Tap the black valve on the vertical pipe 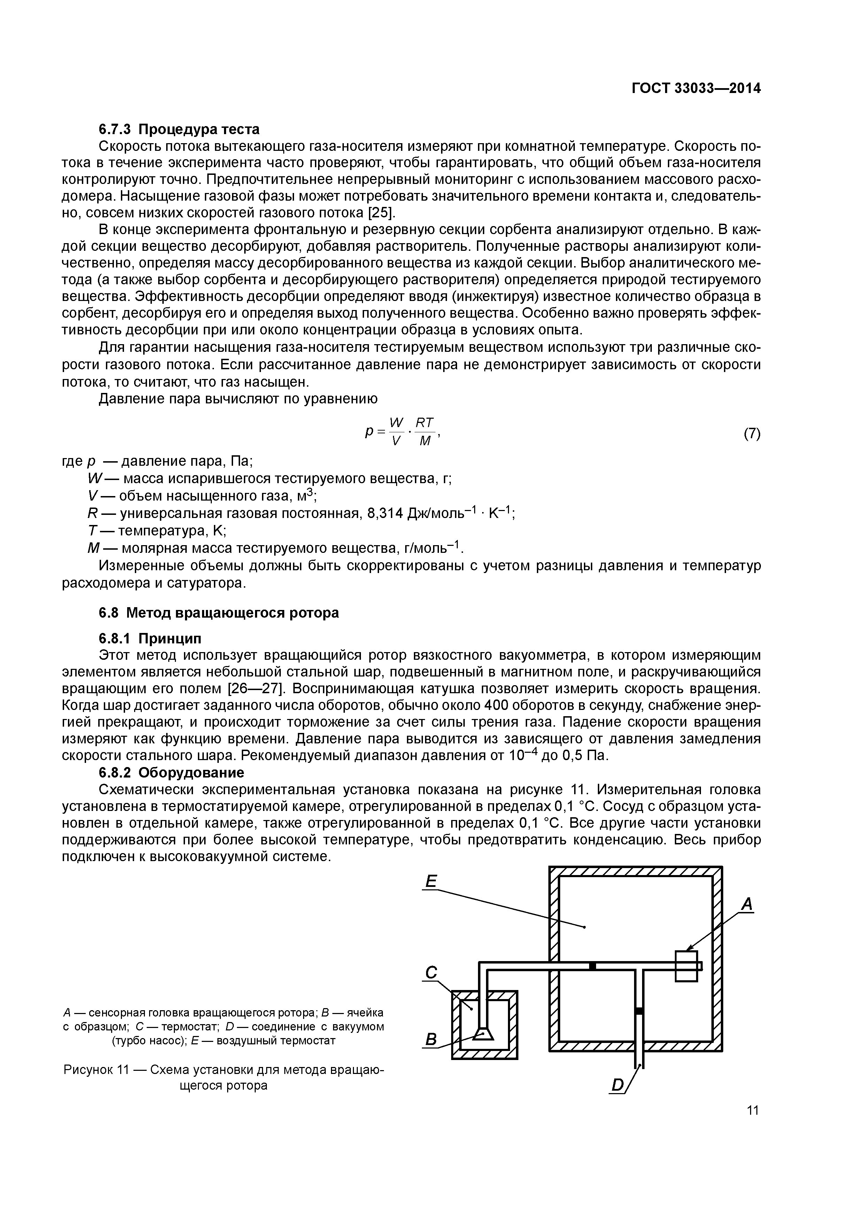(x=639, y=1011)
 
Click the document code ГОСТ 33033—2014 (x=696, y=88)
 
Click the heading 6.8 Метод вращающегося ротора (x=219, y=613)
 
